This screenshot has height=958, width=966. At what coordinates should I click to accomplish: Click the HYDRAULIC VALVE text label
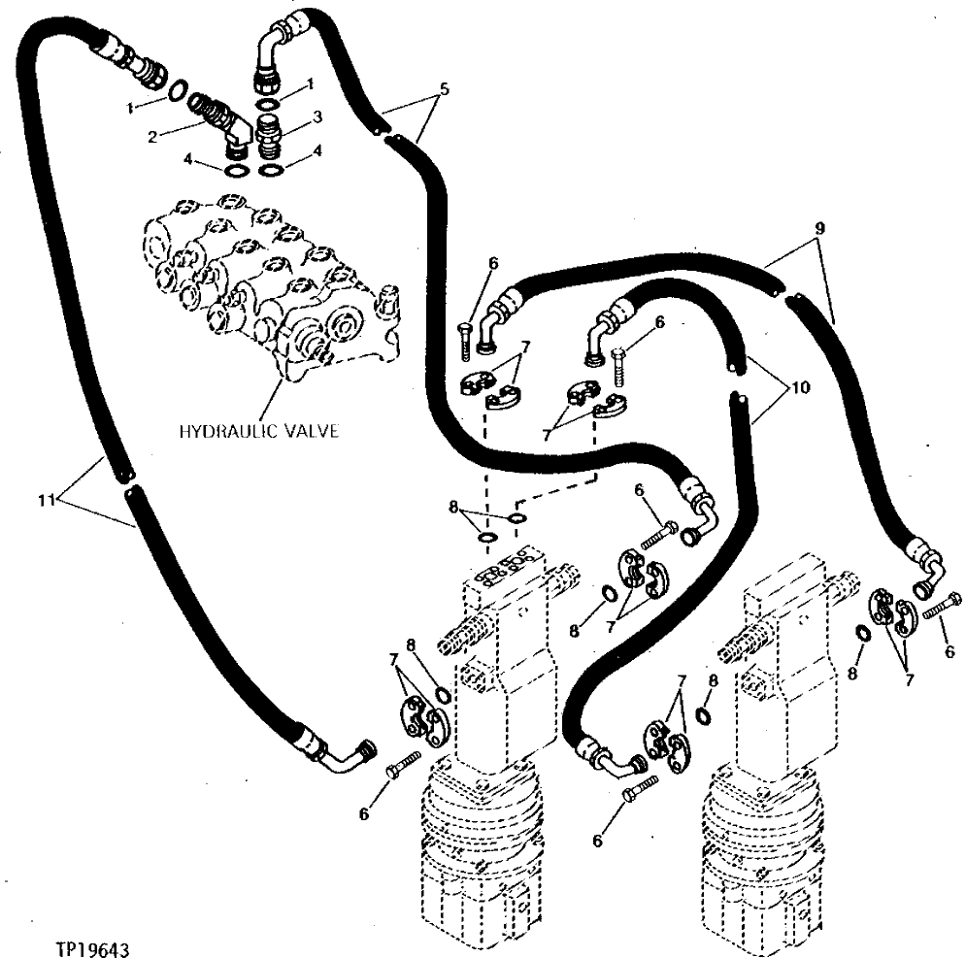point(258,430)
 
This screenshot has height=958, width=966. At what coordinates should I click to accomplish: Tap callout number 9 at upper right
point(820,229)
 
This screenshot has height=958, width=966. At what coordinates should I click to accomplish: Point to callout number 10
point(800,386)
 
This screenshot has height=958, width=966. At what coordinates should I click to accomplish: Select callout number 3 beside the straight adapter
point(313,117)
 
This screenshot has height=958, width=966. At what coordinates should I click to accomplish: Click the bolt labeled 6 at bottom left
point(402,764)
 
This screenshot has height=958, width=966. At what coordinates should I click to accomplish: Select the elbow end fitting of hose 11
point(346,755)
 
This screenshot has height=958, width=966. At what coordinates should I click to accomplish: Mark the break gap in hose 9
point(785,291)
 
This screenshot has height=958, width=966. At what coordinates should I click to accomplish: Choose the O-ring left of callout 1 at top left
point(178,90)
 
